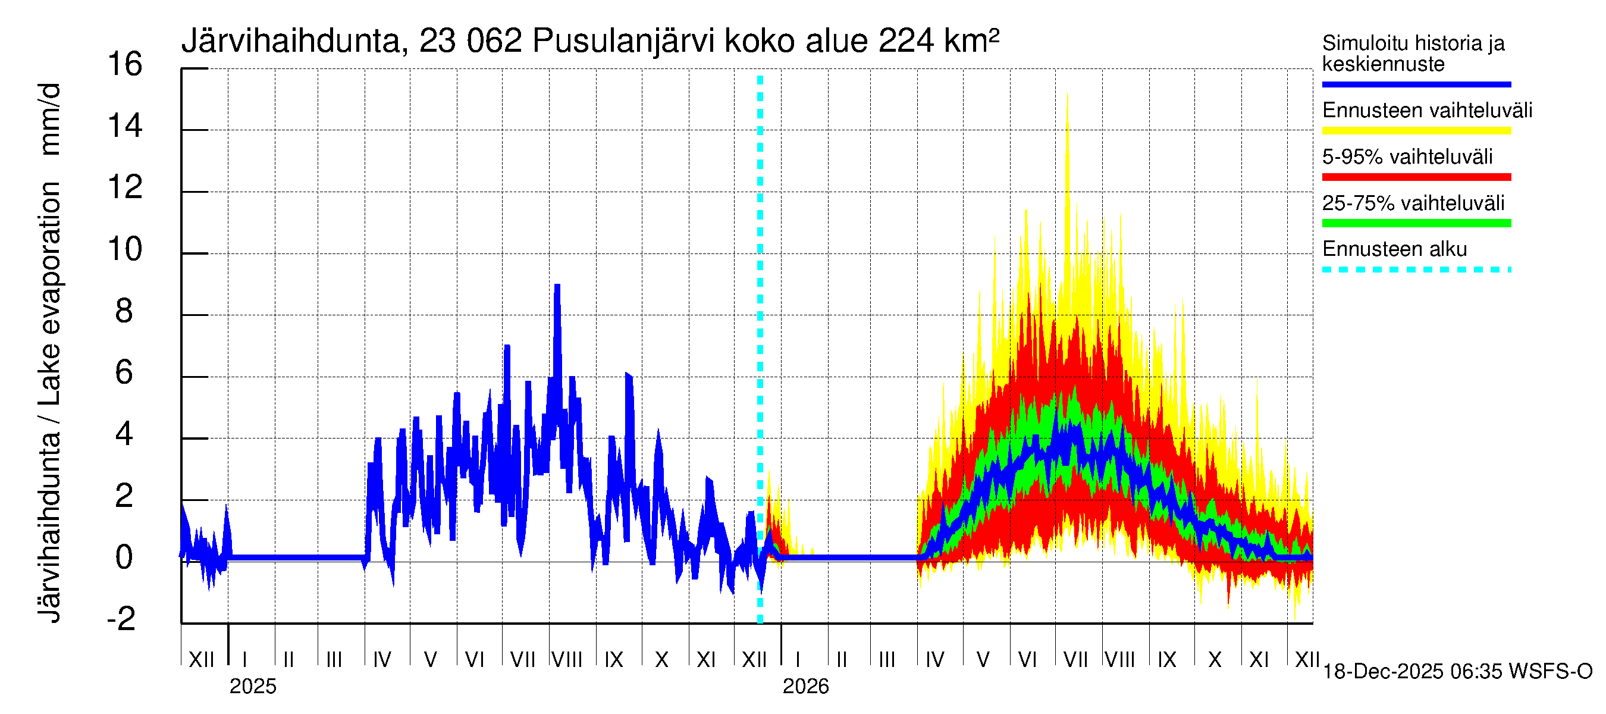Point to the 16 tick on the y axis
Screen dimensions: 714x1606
125,65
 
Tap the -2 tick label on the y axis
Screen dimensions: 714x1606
121,619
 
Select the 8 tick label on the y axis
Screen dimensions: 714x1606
124,311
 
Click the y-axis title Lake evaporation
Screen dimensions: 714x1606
50,293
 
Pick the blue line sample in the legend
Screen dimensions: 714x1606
1416,84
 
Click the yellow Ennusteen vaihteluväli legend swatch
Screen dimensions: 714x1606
1416,131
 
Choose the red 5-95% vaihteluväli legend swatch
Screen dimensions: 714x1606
1416,177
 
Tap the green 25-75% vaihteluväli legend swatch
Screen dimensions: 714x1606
1416,223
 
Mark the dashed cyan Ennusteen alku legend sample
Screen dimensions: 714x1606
1416,270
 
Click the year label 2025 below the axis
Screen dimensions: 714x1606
252,687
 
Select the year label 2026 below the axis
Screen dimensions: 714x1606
805,687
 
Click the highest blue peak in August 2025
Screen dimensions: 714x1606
557,286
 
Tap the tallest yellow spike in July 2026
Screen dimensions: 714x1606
1067,95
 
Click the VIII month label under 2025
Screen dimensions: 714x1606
567,659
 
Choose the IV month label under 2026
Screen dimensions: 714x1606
935,659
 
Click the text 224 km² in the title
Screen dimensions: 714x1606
939,42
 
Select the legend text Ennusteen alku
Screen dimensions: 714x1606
1395,249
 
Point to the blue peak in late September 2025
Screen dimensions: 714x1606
629,375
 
